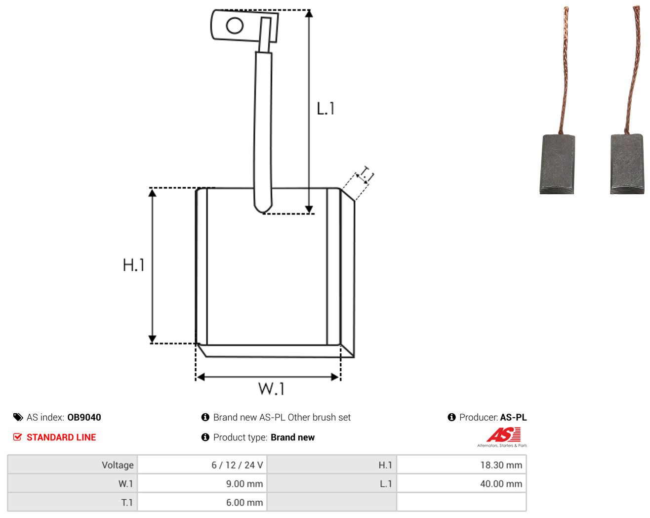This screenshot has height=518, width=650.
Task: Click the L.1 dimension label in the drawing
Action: [325, 108]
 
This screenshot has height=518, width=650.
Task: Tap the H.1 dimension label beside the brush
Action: [133, 265]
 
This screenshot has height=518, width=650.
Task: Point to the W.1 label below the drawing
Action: [271, 388]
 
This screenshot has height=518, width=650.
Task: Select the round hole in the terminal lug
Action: [235, 26]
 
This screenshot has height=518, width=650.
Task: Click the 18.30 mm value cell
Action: [461, 465]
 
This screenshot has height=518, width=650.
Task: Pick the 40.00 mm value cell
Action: [461, 483]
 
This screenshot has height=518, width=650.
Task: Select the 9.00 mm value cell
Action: [202, 483]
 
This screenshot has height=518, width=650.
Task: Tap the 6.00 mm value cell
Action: [202, 502]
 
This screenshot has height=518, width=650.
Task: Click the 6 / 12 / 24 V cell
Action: [202, 465]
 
